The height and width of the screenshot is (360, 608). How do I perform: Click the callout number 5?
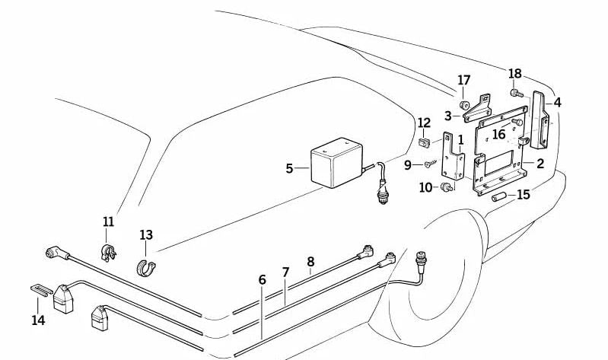pyautogui.click(x=289, y=168)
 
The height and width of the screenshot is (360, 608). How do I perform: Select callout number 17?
pyautogui.click(x=464, y=81)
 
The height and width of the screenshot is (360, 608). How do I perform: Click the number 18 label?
pyautogui.click(x=515, y=74)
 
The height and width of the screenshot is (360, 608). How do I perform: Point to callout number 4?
pyautogui.click(x=558, y=102)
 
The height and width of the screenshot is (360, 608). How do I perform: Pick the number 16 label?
pyautogui.click(x=499, y=135)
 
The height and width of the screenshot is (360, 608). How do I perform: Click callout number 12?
pyautogui.click(x=425, y=123)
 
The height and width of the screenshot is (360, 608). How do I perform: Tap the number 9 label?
pyautogui.click(x=408, y=164)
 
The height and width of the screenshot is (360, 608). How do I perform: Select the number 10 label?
pyautogui.click(x=425, y=187)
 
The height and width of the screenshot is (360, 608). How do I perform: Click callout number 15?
pyautogui.click(x=524, y=195)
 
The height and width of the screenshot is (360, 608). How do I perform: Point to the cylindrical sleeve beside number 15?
pyautogui.click(x=498, y=197)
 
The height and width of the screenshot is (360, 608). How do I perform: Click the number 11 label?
pyautogui.click(x=108, y=221)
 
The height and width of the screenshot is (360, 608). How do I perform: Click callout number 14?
pyautogui.click(x=38, y=320)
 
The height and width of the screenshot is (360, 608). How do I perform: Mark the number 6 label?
pyautogui.click(x=263, y=280)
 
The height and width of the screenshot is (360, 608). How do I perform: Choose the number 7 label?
pyautogui.click(x=286, y=272)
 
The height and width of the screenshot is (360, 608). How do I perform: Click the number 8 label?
pyautogui.click(x=310, y=262)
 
